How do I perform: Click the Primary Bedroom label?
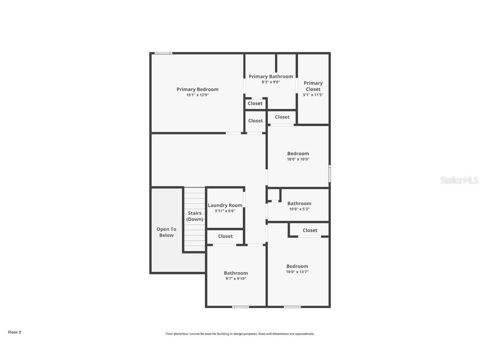coord(197,89)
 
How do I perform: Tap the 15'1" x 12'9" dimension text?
coord(197,95)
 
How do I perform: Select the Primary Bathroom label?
coord(271,76)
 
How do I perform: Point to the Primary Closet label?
coord(313,86)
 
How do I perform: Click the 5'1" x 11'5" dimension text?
coord(313,95)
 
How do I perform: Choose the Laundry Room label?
coord(225,205)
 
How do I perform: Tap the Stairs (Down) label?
coord(195,216)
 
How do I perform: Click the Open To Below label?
coord(166,232)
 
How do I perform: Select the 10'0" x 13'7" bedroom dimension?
coord(297,272)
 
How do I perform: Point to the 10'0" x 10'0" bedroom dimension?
coord(298,159)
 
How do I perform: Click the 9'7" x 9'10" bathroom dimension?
coord(236,279)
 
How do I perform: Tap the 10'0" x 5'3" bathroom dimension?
coord(299,209)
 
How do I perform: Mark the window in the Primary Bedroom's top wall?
coord(163,53)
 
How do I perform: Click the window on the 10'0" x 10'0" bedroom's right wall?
coord(330,173)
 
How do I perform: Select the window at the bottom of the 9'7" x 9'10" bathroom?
coord(240,307)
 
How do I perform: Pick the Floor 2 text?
coord(15,332)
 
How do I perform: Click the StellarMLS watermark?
coord(459,180)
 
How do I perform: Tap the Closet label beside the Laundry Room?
coord(225,236)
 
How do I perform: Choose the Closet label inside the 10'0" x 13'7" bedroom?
coord(310,230)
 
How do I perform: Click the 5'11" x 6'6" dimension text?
coord(225,211)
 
